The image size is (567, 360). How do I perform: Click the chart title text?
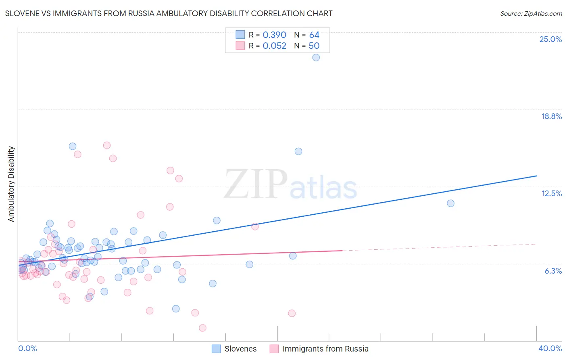click(169, 13)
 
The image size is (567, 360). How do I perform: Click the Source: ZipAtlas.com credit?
click(531, 13)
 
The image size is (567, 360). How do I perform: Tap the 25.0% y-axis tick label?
click(550, 39)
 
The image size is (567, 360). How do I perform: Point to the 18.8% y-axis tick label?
click(551, 116)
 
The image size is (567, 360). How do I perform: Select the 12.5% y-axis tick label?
click(551, 193)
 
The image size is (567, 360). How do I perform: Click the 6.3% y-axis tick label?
click(553, 271)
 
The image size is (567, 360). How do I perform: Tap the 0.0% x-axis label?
click(27, 348)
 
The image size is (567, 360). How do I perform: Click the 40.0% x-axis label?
click(550, 348)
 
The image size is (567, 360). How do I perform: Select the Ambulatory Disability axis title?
click(11, 184)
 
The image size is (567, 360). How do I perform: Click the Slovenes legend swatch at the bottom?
click(216, 349)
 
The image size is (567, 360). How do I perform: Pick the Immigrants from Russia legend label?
click(325, 349)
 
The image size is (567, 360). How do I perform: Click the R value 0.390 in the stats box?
click(274, 35)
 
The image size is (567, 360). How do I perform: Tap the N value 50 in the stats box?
click(314, 46)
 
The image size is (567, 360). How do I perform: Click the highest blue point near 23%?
click(316, 57)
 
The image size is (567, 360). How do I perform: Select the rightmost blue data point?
click(450, 203)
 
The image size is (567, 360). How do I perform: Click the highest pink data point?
click(107, 145)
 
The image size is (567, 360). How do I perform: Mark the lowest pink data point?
click(202, 328)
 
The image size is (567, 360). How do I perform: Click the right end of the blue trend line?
click(536, 176)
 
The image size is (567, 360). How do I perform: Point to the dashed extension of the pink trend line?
click(440, 247)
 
